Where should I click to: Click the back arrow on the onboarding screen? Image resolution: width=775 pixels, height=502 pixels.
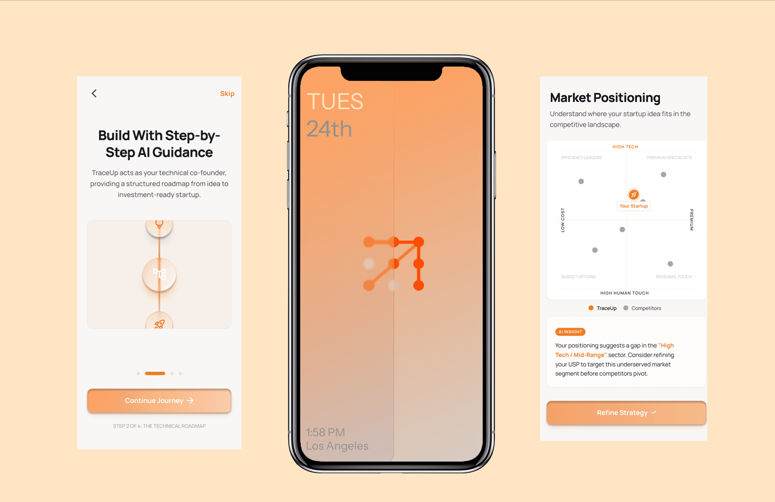coord(94,94)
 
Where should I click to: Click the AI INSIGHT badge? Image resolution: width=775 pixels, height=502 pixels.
coord(570,332)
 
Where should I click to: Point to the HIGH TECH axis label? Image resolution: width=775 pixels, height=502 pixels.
coord(625,147)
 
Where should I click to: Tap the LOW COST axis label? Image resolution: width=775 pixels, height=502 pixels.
coord(562,220)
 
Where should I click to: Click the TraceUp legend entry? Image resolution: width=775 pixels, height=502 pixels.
coord(602,308)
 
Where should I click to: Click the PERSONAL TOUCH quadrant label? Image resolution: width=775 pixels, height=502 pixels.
coord(673,277)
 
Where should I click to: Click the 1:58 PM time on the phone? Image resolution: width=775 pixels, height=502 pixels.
coord(325,432)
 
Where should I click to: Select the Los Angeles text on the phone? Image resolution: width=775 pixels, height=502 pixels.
coord(337,446)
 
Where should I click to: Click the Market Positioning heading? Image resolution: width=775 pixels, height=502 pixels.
coord(605,98)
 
